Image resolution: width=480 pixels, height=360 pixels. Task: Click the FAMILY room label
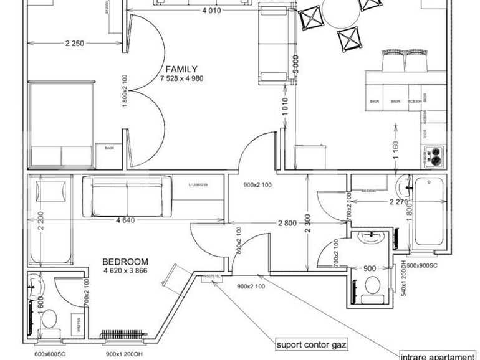[x=181, y=69]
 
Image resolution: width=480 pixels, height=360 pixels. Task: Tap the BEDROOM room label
[x=125, y=262]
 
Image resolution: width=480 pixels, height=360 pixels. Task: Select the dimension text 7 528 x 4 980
[x=181, y=78]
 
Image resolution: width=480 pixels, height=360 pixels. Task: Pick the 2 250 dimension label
[x=75, y=43]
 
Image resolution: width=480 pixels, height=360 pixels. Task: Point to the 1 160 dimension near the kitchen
[x=396, y=149]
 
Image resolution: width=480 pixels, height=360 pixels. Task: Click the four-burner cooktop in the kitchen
[x=434, y=156]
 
